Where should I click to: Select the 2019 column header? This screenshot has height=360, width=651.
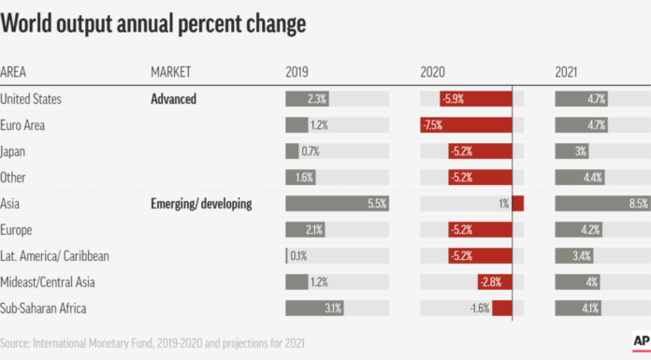tap(298, 72)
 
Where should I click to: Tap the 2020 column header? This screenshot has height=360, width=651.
tap(433, 72)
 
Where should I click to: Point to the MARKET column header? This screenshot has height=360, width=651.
tap(171, 72)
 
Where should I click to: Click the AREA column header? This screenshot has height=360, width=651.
tap(14, 72)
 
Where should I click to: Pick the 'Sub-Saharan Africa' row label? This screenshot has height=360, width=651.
tap(46, 308)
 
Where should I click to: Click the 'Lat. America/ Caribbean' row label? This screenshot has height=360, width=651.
tap(58, 255)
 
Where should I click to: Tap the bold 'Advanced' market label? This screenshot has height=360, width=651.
tap(174, 98)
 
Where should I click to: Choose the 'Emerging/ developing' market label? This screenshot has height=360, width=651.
tap(201, 203)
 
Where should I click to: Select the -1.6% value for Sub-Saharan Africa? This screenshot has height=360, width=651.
tap(479, 308)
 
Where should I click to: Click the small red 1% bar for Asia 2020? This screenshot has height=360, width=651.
tap(517, 203)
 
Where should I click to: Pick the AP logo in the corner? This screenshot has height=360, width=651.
tap(641, 341)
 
